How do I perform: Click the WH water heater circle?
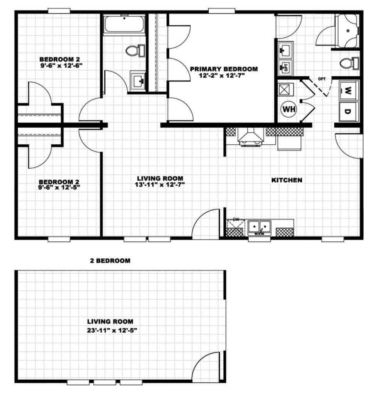pos(289,109)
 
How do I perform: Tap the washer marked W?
pos(349,90)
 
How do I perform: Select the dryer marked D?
pos(349,111)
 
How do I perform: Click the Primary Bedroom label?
pos(224,69)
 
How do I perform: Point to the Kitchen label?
pos(287,180)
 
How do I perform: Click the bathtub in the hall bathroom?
pos(124,24)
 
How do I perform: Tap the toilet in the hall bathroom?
pos(135,51)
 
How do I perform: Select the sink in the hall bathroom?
pos(138,81)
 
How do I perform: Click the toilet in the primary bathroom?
pos(349,63)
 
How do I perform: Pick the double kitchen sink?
pos(260,228)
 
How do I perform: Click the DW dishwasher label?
pos(236,219)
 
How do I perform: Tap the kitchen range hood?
pos(251,136)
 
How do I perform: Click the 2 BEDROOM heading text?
pos(110,260)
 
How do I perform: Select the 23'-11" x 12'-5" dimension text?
pos(112,330)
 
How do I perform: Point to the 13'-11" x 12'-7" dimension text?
pos(160,185)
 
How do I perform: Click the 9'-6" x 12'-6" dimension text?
pos(62,65)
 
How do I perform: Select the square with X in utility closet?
pos(286,89)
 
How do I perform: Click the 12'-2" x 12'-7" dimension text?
pos(222,75)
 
